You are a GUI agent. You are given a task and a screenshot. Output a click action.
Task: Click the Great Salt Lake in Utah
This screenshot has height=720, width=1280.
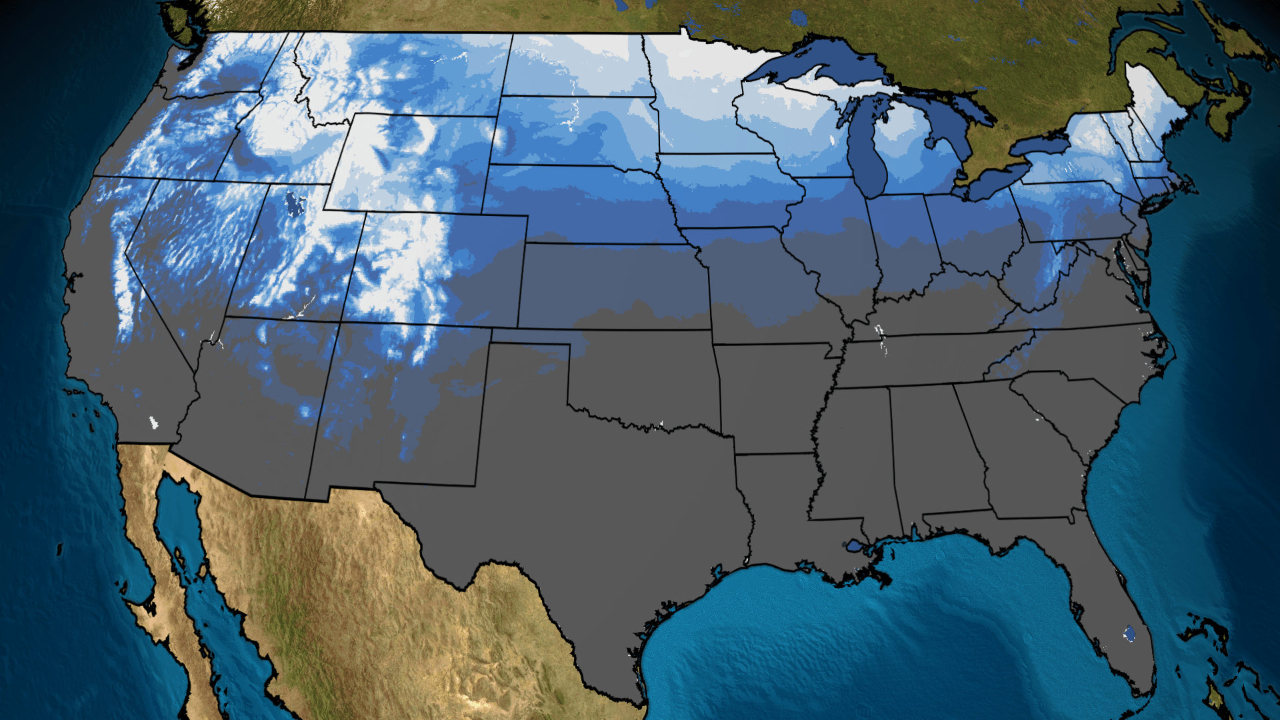292,203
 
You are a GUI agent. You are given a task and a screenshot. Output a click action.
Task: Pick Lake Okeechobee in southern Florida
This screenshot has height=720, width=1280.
1129,633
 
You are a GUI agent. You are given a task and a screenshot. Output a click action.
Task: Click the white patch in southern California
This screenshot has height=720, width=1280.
153,422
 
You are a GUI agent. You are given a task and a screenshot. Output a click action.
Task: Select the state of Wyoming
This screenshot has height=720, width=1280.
410,163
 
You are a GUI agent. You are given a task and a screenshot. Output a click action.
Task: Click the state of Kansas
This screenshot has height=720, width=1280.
613,287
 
